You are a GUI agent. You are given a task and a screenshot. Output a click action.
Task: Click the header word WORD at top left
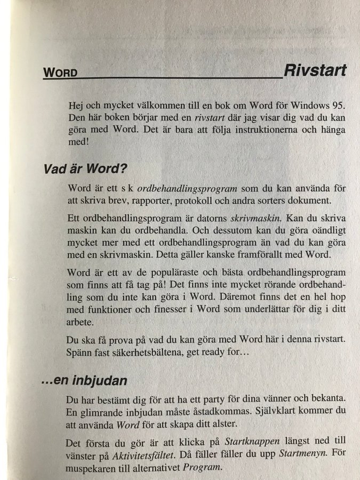click(x=60, y=73)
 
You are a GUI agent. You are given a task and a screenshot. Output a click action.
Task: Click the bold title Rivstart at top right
click(x=315, y=70)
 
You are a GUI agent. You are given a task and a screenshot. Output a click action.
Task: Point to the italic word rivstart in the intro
click(x=209, y=117)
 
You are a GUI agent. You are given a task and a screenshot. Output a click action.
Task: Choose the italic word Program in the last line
click(x=201, y=467)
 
